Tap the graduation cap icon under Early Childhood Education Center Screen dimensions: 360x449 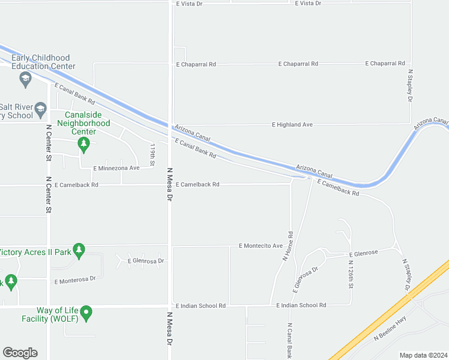[x=25, y=78]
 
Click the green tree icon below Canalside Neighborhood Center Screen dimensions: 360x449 [x=83, y=143]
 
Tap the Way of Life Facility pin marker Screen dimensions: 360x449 [x=86, y=312]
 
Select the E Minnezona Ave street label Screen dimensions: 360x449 [x=116, y=168]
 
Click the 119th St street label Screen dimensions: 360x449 [x=152, y=154]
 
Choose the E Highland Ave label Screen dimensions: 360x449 [x=292, y=125]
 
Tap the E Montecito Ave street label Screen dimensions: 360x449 [x=261, y=246]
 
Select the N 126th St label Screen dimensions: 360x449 [x=350, y=271]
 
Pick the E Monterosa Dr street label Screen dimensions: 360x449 [x=75, y=280]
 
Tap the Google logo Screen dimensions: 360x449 [x=20, y=353]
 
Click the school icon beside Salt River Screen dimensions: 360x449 [x=40, y=109]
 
